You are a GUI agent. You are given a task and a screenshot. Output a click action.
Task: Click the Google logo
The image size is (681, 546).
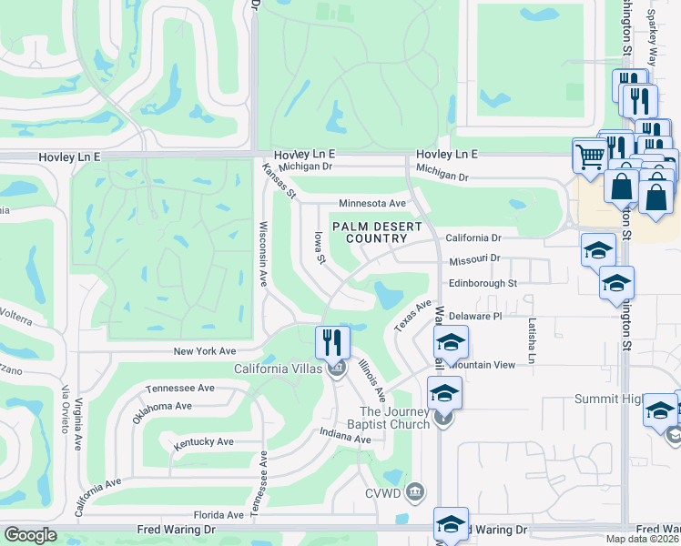point(31,535)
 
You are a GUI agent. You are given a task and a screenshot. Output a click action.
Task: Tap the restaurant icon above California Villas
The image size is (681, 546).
point(332,342)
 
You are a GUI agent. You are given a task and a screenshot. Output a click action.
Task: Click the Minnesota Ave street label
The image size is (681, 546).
point(371,203)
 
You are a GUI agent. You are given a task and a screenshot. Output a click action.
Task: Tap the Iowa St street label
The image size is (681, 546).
point(320,247)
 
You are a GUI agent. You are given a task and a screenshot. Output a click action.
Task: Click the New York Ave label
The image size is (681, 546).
point(205,350)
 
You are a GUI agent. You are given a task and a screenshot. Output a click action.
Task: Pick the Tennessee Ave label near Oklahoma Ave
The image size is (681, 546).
point(180,388)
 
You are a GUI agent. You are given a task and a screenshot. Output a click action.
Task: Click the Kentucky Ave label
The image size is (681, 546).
point(204,441)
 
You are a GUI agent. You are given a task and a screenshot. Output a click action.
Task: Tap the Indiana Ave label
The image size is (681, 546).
point(345,439)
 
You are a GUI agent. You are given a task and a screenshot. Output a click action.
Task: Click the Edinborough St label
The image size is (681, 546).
point(483,283)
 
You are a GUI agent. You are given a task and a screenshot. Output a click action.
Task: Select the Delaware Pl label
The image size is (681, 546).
point(475,316)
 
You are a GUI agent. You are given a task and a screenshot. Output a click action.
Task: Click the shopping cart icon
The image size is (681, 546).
point(590,157)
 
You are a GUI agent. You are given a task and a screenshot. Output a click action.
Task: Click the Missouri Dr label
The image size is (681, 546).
point(475,258)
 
